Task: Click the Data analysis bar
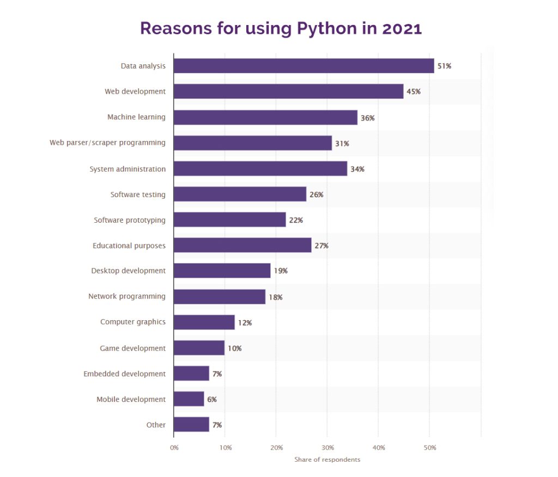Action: [304, 66]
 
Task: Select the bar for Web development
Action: [289, 91]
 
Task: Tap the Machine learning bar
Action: [265, 118]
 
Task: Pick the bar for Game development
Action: [199, 348]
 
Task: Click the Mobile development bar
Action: [189, 399]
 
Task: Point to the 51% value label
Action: [444, 66]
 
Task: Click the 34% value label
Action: [357, 169]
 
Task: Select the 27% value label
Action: [322, 246]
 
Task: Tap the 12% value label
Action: [245, 322]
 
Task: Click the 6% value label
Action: [212, 399]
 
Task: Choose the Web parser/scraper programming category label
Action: [107, 143]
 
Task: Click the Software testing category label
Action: [138, 194]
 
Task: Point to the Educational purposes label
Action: [129, 246]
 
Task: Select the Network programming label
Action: [127, 296]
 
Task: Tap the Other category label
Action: [156, 425]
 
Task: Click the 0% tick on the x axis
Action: [174, 448]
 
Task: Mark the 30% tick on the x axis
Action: [327, 448]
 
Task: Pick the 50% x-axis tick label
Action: [430, 448]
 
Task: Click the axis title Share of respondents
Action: [327, 460]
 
